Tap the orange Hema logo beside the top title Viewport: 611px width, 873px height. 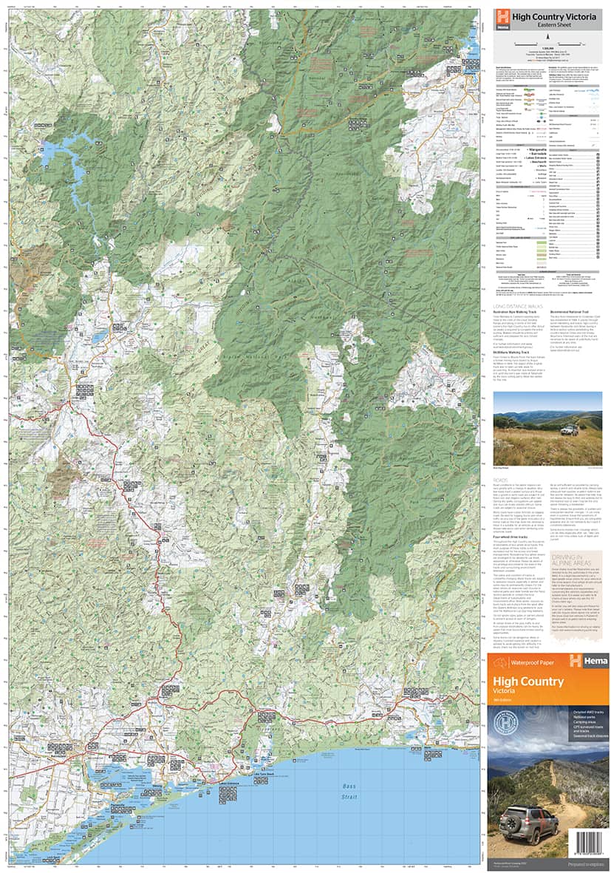click(x=502, y=18)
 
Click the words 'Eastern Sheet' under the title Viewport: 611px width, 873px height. click(x=547, y=25)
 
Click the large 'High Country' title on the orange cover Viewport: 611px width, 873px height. click(x=528, y=682)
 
